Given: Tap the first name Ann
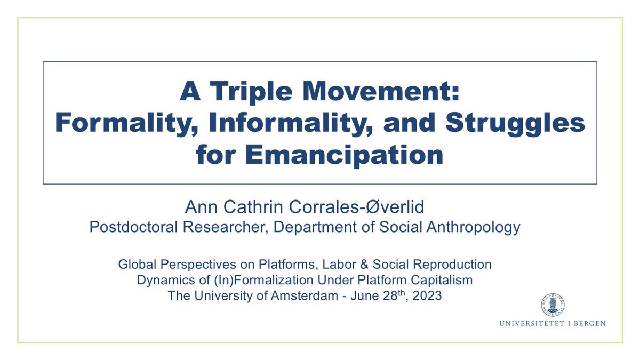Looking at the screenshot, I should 197,207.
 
